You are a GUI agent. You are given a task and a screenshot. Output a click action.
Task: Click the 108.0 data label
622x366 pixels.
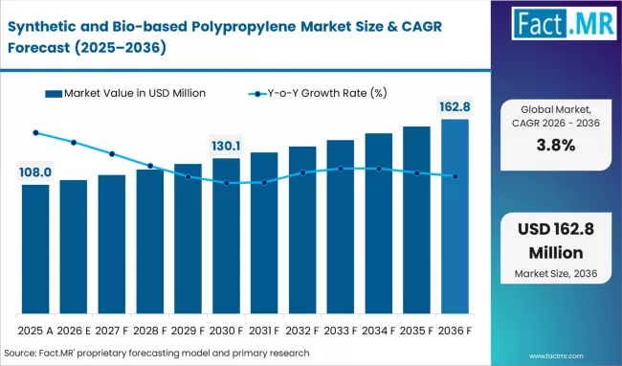click(x=35, y=172)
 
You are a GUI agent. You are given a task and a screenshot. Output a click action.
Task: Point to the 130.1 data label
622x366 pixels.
click(x=226, y=147)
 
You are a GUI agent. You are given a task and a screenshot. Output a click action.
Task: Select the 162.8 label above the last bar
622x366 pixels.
click(x=455, y=107)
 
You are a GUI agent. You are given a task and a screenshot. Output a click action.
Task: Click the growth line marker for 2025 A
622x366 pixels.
click(x=35, y=133)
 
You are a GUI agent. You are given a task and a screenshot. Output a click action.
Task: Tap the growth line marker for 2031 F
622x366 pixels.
click(x=264, y=182)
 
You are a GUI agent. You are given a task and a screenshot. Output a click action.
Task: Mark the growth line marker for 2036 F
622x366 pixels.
click(x=455, y=176)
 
